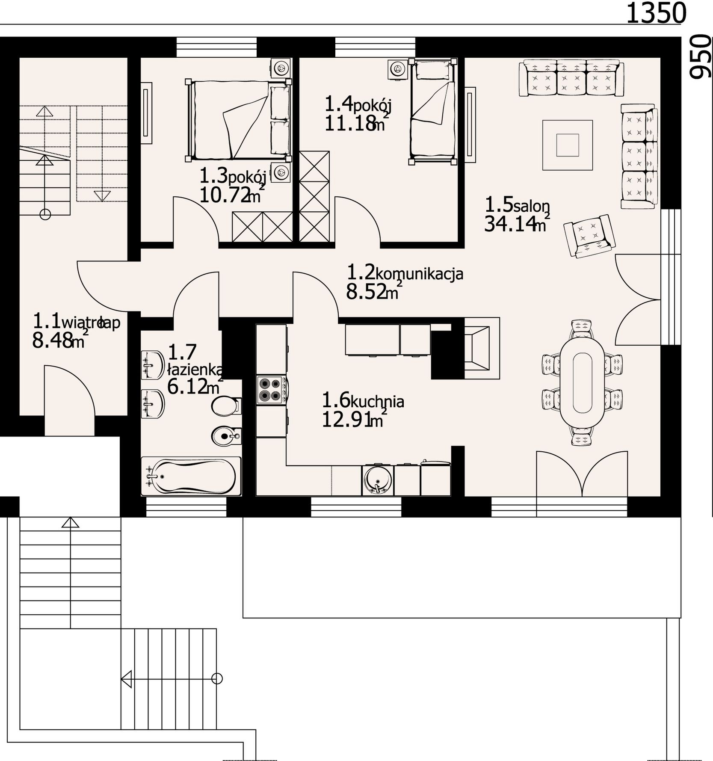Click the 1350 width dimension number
[656, 13]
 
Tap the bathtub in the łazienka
[191, 477]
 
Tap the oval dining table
[582, 382]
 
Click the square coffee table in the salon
[568, 145]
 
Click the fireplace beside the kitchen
[482, 348]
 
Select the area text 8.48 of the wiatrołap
[52, 341]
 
